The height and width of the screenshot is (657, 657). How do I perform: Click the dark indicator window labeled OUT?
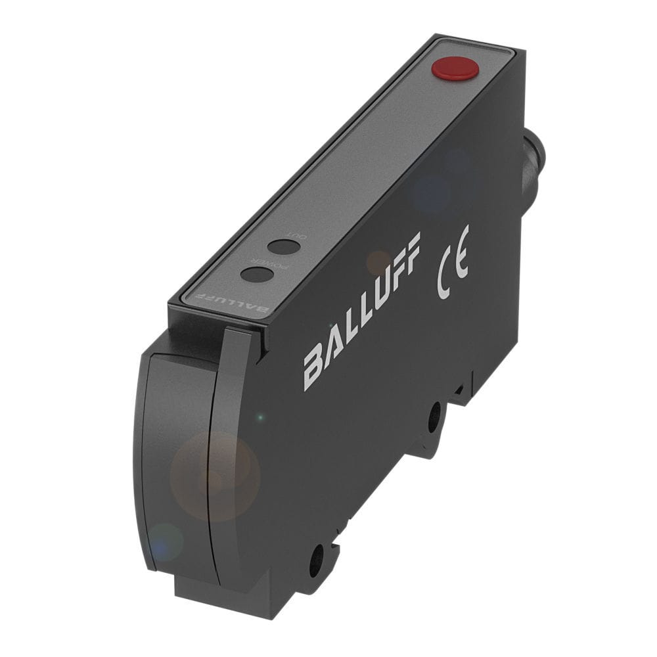point(284,247)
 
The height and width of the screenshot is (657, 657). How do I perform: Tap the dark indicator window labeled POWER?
point(257,274)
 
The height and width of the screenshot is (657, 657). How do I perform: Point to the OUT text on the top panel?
point(300,236)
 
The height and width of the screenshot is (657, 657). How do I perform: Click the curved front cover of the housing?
point(177,460)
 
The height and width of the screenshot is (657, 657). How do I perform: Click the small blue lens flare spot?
point(164,541)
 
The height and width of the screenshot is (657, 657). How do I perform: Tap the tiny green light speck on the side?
point(261,417)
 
